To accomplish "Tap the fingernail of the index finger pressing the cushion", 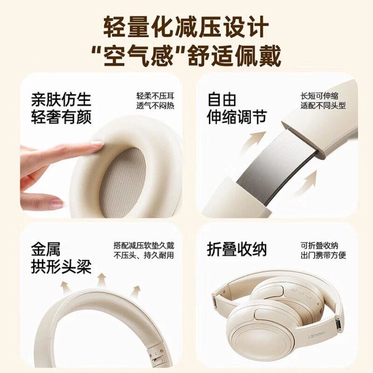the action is click(x=98, y=143).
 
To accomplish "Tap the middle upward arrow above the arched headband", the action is click(x=102, y=280).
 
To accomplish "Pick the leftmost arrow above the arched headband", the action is click(x=64, y=287).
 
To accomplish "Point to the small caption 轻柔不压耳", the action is click(x=155, y=96).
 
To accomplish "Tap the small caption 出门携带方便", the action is click(x=323, y=255).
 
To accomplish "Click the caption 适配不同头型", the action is click(x=323, y=106).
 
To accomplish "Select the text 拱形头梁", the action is click(x=61, y=267).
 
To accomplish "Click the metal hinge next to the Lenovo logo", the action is click(x=337, y=325).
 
